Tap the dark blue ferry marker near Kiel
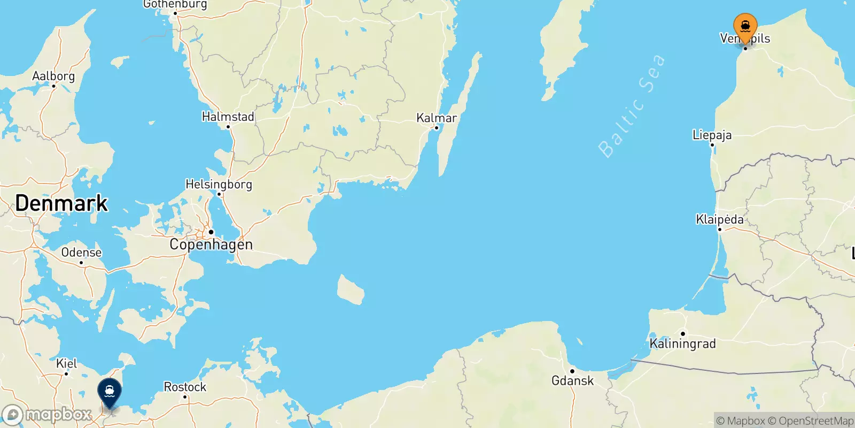[x=110, y=392]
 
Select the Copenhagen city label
[x=211, y=244]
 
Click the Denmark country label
[x=61, y=203]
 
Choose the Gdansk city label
[x=572, y=380]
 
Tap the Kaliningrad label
[x=682, y=343]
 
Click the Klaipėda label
[x=719, y=219]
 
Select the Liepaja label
[x=712, y=135]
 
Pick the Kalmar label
[x=437, y=118]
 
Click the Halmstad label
[x=228, y=117]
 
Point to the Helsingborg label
[x=219, y=184]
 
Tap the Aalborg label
[x=53, y=76]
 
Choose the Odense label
[x=81, y=253]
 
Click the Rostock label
[x=185, y=387]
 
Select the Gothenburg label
[x=175, y=4]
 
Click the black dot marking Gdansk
[x=572, y=371]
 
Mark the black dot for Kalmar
[x=437, y=127]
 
